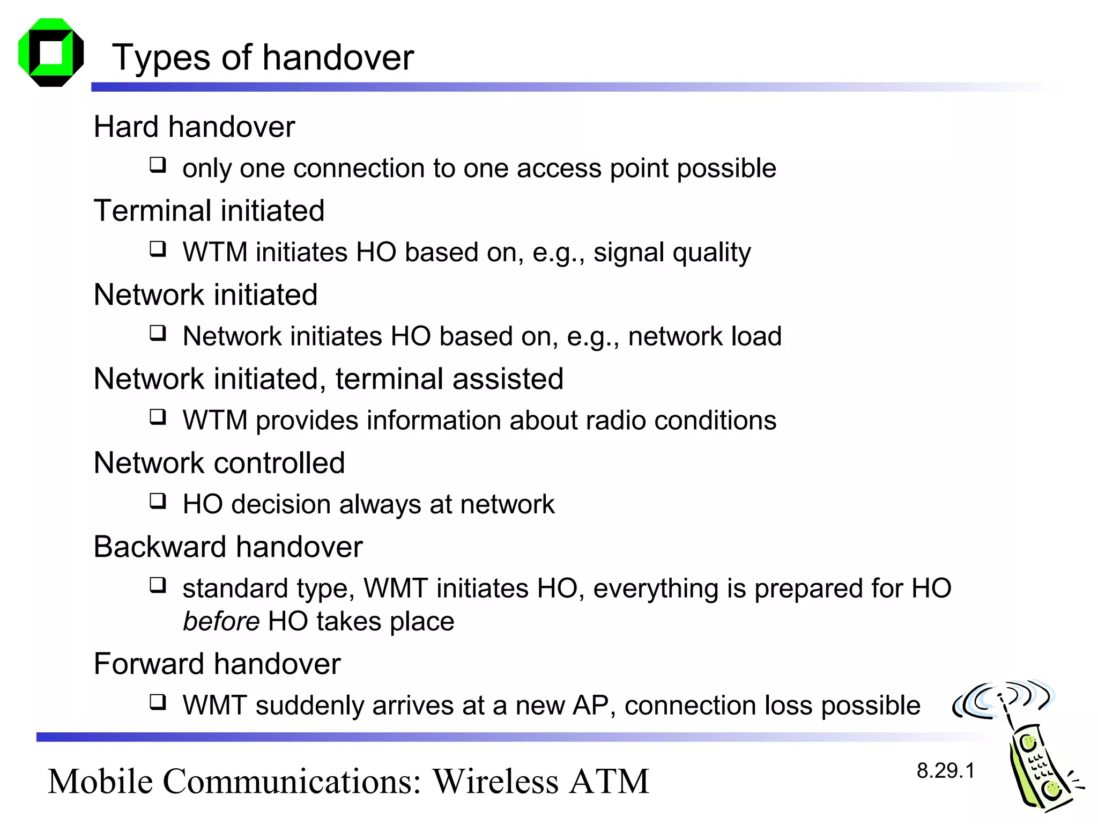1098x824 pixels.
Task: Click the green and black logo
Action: (51, 53)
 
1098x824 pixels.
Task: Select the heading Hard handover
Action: (194, 127)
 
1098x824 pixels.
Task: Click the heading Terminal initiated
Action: (209, 210)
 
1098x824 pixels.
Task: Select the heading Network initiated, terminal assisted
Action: (328, 379)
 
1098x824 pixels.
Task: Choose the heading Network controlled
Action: (219, 463)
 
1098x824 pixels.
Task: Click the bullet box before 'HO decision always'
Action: (158, 501)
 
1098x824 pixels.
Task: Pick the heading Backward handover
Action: (228, 547)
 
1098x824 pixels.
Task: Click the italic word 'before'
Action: (221, 621)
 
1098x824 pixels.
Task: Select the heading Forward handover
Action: (217, 664)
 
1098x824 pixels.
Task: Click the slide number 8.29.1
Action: (945, 771)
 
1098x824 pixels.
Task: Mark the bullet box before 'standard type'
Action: (158, 585)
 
